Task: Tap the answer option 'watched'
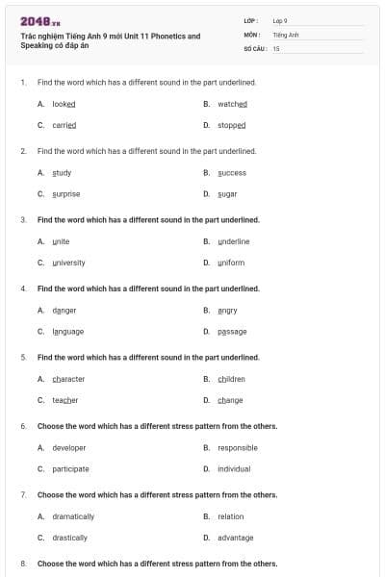(x=232, y=103)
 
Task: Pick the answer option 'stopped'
(x=231, y=125)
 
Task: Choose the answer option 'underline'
(x=233, y=241)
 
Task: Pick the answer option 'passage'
(x=232, y=331)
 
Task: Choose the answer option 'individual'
(x=234, y=468)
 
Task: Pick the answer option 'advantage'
(x=235, y=538)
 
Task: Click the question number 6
(x=23, y=425)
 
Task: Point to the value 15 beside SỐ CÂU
(x=276, y=48)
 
